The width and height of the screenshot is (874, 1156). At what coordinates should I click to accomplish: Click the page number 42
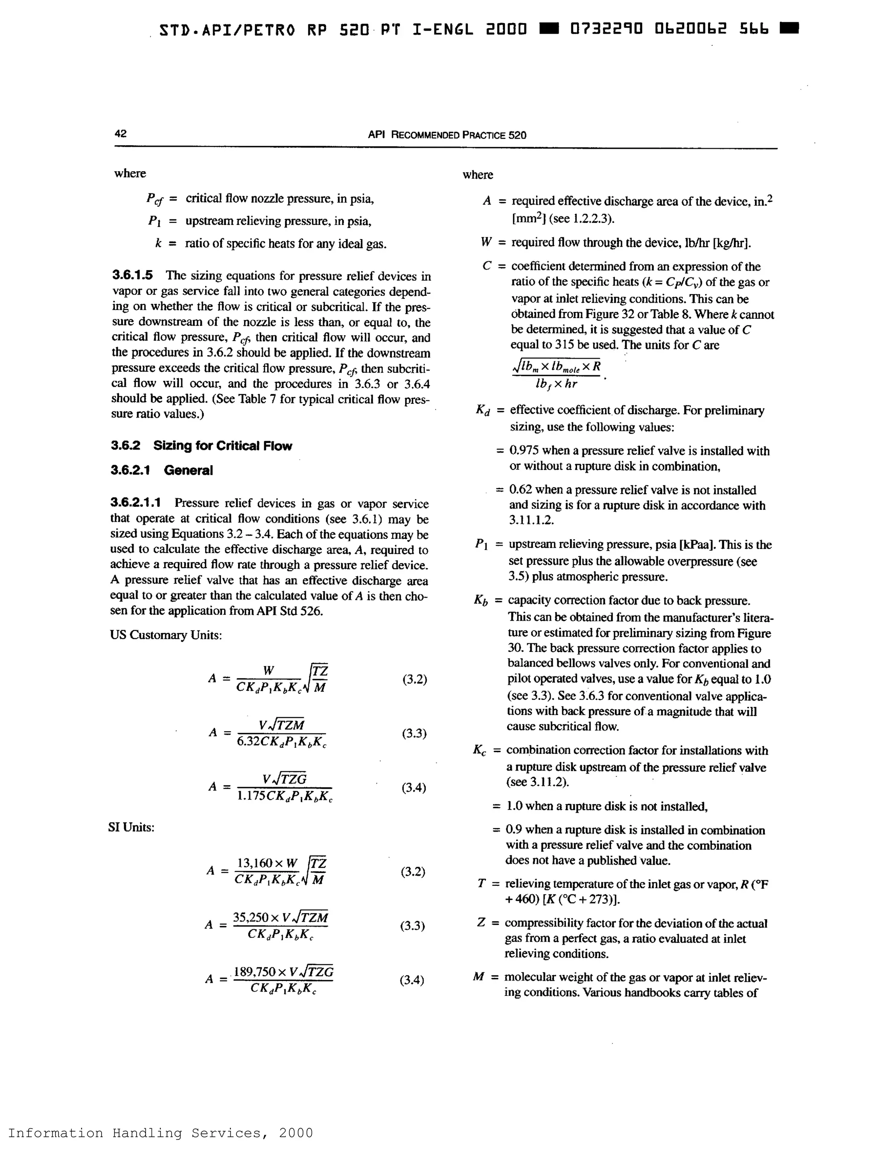pos(120,133)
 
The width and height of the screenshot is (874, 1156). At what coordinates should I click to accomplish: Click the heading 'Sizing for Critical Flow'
pos(222,446)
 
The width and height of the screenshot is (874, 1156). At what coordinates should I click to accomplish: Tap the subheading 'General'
pos(188,470)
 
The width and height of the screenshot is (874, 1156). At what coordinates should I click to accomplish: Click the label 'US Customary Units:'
pos(166,635)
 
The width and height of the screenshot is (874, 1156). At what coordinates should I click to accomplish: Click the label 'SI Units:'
pos(131,827)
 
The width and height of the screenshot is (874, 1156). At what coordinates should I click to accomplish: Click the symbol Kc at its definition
pos(480,750)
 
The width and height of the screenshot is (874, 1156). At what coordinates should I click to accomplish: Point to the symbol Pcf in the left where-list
pos(154,199)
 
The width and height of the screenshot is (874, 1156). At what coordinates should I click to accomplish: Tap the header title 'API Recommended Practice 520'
pos(447,135)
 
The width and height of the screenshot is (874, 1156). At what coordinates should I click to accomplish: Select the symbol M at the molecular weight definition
pos(478,976)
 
